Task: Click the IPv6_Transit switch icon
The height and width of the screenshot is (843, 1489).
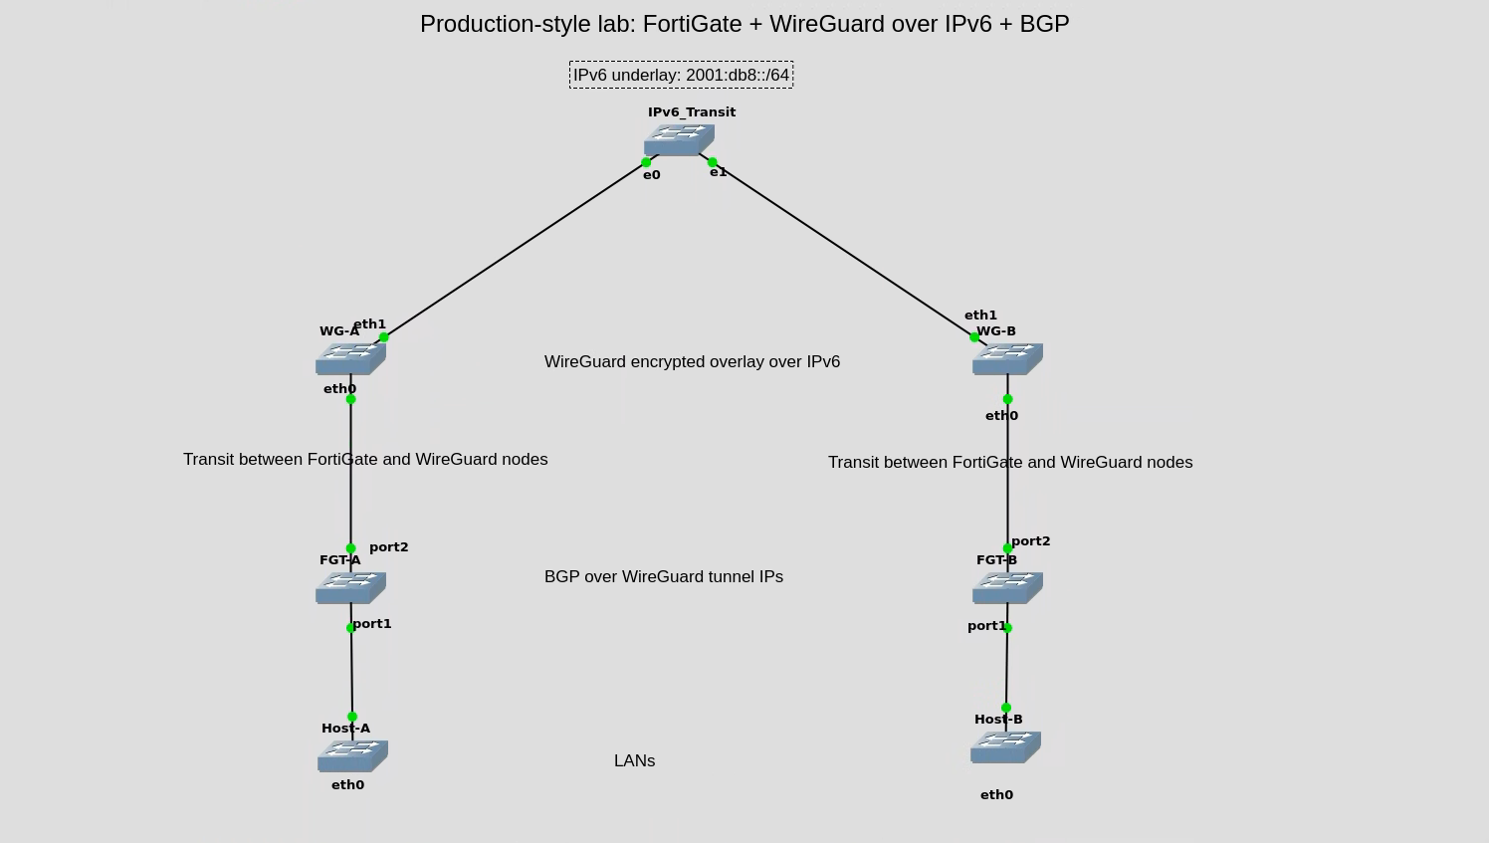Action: (679, 139)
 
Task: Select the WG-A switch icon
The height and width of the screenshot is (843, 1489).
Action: (350, 359)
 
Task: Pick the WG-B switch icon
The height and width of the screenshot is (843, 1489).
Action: (1007, 359)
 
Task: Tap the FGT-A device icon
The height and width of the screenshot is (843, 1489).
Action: (350, 587)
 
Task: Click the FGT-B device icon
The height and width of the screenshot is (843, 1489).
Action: (1007, 587)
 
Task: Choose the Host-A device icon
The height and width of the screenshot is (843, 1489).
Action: (352, 755)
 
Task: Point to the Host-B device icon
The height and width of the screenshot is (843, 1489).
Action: (1005, 747)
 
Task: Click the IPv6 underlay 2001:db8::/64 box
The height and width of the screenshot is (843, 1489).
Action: (682, 75)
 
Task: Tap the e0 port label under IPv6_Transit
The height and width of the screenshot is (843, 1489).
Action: (651, 175)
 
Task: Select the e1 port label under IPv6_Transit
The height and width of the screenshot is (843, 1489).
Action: (718, 172)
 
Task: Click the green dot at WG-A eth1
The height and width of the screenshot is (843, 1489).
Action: (383, 337)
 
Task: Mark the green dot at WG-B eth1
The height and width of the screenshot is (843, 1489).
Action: (974, 337)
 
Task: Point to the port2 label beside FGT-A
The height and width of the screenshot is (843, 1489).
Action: (389, 547)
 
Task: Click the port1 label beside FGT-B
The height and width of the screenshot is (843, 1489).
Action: (986, 626)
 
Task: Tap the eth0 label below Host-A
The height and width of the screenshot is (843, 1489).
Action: (347, 784)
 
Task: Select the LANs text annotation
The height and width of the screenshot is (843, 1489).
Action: (634, 760)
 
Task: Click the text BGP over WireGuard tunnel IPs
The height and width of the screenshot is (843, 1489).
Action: (664, 576)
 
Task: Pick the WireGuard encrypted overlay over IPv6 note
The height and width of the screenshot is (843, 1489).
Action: (692, 361)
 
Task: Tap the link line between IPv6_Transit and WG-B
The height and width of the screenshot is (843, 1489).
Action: (844, 250)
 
